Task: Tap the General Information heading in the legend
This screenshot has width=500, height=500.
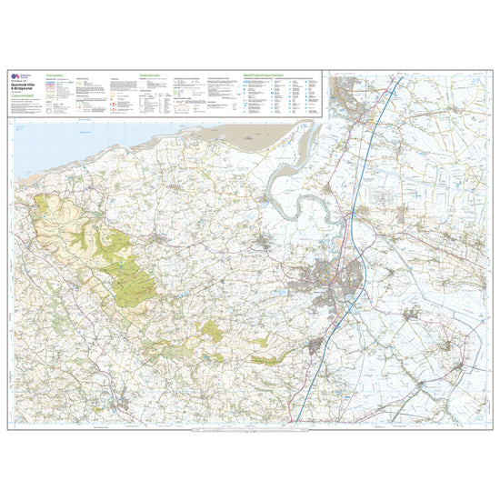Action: tap(150, 76)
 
